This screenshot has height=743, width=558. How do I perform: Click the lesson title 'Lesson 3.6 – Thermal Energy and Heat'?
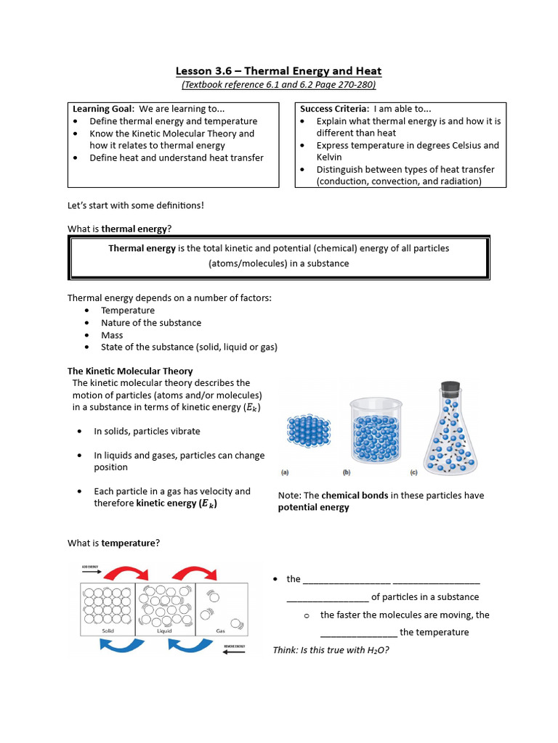(x=278, y=70)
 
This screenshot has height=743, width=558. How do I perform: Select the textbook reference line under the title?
(x=278, y=85)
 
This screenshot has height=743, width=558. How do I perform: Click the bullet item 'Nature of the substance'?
(x=151, y=323)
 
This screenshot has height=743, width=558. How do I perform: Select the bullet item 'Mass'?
(x=112, y=335)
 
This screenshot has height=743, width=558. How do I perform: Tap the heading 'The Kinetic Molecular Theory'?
(x=130, y=371)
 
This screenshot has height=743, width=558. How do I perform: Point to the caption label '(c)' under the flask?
(x=413, y=472)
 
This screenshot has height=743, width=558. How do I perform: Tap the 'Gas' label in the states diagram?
(x=221, y=631)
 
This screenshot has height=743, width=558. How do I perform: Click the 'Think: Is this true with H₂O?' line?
(x=331, y=650)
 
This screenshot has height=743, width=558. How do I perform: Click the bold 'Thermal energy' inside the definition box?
(x=142, y=248)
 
